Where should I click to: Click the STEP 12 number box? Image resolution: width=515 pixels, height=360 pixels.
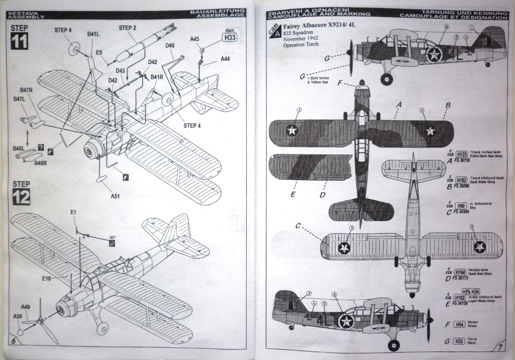click(x=20, y=196)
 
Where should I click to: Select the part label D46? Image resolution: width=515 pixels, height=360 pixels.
click(x=169, y=45)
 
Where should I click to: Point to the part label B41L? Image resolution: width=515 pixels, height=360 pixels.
click(x=93, y=34)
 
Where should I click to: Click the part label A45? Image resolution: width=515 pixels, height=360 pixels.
click(x=195, y=39)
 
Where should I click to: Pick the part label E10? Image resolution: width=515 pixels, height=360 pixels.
click(x=47, y=279)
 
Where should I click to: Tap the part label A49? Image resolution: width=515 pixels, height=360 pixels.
click(x=26, y=307)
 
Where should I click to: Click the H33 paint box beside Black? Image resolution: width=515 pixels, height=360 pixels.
click(x=230, y=37)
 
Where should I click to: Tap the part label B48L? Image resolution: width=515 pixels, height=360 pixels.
click(x=18, y=149)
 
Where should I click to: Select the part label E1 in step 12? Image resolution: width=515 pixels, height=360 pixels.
click(x=73, y=212)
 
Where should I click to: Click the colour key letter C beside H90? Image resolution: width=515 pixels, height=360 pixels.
click(x=449, y=212)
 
